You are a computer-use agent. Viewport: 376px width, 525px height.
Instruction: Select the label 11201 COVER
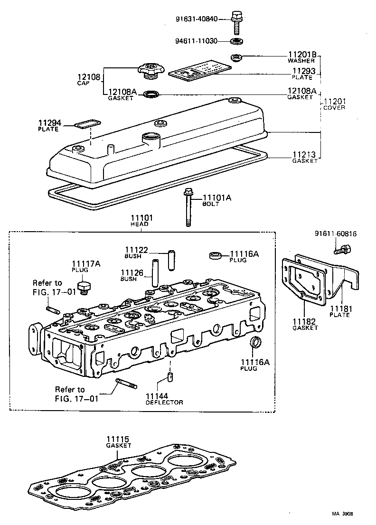[335, 104]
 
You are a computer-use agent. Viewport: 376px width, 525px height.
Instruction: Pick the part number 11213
[304, 154]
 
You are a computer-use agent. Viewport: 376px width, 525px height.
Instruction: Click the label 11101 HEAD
[141, 220]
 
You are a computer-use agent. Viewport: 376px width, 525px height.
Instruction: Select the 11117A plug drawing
[85, 287]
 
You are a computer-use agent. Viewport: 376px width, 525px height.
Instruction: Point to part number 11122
[137, 250]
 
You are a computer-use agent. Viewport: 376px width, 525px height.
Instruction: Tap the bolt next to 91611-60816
[345, 248]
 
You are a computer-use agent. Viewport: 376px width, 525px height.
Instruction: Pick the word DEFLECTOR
[164, 403]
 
